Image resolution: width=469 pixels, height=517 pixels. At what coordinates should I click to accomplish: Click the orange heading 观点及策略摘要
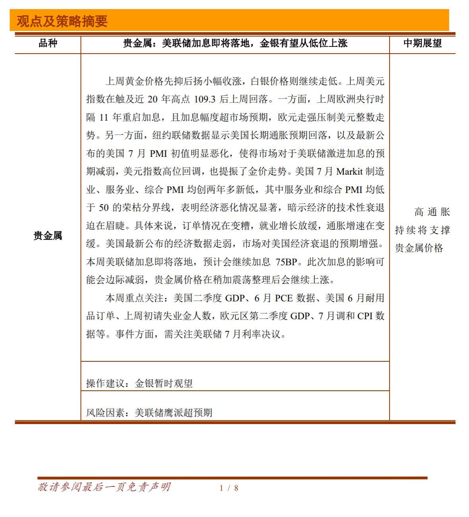(x=62, y=21)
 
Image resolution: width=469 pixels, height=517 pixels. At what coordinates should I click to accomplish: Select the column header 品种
(x=48, y=43)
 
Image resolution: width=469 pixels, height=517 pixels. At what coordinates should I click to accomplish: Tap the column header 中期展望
(x=422, y=43)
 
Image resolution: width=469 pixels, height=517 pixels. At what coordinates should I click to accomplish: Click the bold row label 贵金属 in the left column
(x=48, y=235)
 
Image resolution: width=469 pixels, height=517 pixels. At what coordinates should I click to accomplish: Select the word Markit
(x=349, y=172)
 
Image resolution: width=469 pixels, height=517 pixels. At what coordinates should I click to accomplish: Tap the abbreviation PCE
(x=284, y=298)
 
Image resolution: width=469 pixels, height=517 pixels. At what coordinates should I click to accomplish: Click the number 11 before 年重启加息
(x=104, y=118)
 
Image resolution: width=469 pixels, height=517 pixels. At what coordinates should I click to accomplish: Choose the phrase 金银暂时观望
(x=164, y=383)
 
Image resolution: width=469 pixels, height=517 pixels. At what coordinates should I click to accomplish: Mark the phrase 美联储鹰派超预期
(x=174, y=413)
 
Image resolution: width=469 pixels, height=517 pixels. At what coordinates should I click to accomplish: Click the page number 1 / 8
(x=229, y=488)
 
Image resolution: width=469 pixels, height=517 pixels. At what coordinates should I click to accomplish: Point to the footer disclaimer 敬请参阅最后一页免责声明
(x=104, y=487)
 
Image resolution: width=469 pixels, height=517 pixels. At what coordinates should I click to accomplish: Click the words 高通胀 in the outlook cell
(x=432, y=212)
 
